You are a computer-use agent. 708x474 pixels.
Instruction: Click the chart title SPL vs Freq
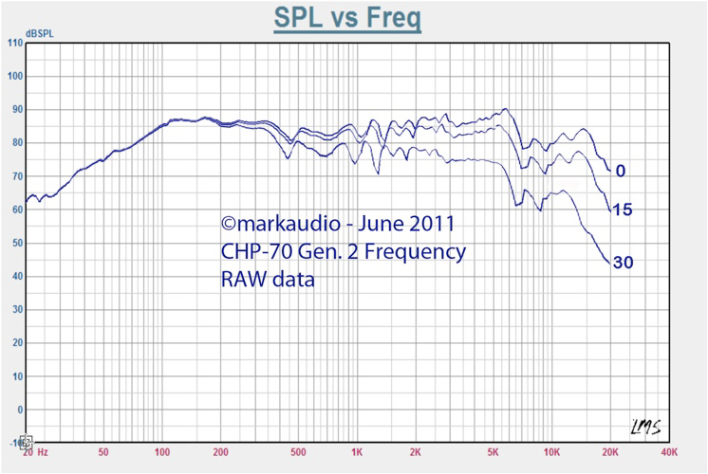[x=347, y=18]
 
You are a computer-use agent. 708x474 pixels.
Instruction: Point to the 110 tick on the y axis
[x=13, y=43]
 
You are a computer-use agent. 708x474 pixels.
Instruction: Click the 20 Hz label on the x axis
[x=35, y=453]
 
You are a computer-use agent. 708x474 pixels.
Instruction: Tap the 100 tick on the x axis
[x=161, y=453]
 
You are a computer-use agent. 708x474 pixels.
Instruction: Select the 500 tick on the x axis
[x=298, y=453]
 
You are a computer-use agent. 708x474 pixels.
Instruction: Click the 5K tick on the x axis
[x=494, y=453]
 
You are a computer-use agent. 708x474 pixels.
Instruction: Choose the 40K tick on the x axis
[x=669, y=453]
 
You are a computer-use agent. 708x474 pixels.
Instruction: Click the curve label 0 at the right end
[x=620, y=172]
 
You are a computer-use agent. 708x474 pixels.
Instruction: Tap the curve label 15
[x=623, y=210]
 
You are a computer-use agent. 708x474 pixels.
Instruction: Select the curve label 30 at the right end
[x=624, y=263]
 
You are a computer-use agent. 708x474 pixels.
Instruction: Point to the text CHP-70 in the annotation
[x=254, y=252]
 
